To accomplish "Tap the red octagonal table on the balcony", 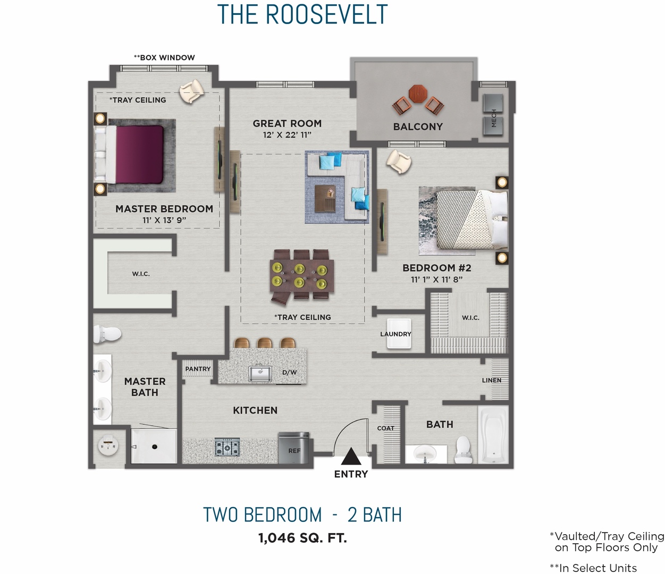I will tap(418, 94).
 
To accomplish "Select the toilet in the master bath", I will tap(108, 334).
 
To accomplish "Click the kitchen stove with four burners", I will tap(227, 448).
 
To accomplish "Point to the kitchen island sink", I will tap(260, 373).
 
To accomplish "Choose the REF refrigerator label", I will tap(294, 451).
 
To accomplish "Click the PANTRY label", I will tap(198, 369).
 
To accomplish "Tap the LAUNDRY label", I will tap(395, 334).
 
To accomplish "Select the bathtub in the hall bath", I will tap(493, 435).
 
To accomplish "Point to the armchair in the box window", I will tap(191, 91).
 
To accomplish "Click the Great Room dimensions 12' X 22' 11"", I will tap(287, 135).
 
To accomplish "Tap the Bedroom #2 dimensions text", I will tap(436, 280).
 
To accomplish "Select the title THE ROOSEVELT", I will tap(302, 14).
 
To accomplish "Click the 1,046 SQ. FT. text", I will tap(302, 538).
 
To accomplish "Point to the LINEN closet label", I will tap(492, 381).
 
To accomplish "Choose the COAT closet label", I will tap(386, 428).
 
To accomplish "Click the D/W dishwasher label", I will tap(290, 373).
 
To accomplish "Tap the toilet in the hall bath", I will tap(463, 448).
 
